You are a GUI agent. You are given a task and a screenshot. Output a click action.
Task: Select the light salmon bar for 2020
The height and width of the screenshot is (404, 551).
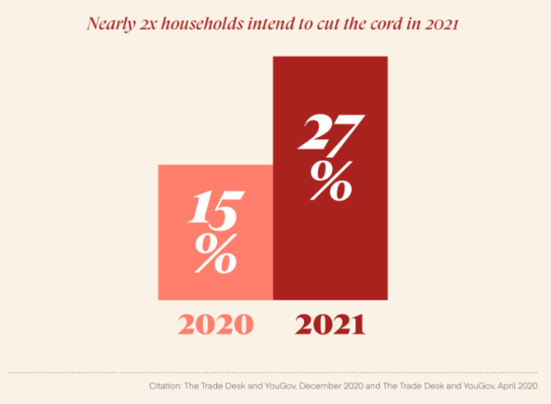click(215, 281)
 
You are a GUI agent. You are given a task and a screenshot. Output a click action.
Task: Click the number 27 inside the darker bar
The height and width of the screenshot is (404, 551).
click(330, 133)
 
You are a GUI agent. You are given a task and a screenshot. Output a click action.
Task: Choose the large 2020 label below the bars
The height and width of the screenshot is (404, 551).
click(216, 325)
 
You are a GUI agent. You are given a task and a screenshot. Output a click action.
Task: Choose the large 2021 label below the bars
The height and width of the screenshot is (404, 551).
click(330, 325)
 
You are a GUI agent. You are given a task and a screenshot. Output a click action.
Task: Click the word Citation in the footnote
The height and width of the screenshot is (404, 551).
click(164, 386)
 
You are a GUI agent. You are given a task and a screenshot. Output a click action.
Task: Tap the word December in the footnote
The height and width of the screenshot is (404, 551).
click(322, 386)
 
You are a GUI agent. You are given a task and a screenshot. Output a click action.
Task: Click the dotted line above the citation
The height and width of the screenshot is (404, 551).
click(275, 373)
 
